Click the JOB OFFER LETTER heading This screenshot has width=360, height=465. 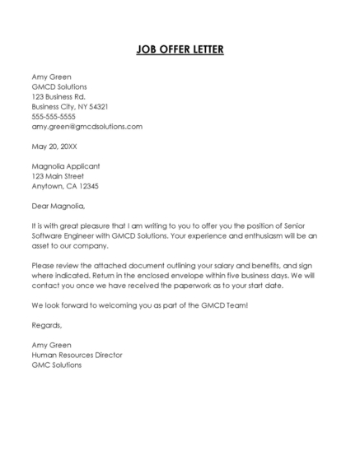[180, 50]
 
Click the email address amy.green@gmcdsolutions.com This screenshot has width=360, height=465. [86, 127]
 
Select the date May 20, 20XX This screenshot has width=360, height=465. [54, 146]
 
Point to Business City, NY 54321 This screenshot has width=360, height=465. [70, 107]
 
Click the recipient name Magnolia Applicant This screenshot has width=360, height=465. [66, 166]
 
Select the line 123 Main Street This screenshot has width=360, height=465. [58, 176]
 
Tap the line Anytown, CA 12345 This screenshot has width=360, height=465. [64, 186]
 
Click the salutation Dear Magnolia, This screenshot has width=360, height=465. [58, 206]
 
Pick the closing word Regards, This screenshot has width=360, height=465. [47, 325]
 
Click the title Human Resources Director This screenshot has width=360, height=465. [77, 355]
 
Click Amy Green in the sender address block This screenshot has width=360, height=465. [51, 77]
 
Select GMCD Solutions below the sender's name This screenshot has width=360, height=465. [59, 87]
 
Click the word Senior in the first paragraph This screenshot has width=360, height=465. [316, 226]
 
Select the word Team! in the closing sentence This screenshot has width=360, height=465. [234, 305]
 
